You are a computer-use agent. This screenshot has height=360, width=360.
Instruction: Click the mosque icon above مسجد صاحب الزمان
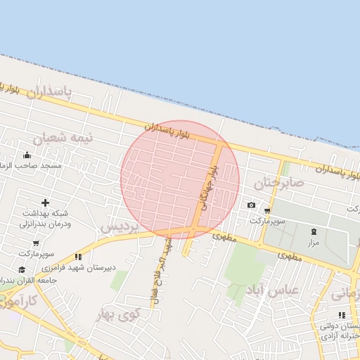(x=27, y=155)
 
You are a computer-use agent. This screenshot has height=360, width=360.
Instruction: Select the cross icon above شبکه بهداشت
(x=45, y=202)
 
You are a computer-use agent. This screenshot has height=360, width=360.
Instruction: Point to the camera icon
(x=251, y=205)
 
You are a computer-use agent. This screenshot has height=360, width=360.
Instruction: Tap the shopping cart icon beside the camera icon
(x=267, y=210)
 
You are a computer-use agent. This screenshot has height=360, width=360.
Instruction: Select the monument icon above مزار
(x=314, y=231)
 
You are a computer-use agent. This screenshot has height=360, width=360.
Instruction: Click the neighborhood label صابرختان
(x=278, y=184)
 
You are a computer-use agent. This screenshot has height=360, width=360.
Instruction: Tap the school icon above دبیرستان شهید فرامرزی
(x=78, y=257)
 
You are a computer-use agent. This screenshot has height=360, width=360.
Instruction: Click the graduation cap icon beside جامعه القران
(x=22, y=269)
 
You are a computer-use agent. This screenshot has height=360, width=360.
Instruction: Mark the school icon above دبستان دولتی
(x=342, y=315)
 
